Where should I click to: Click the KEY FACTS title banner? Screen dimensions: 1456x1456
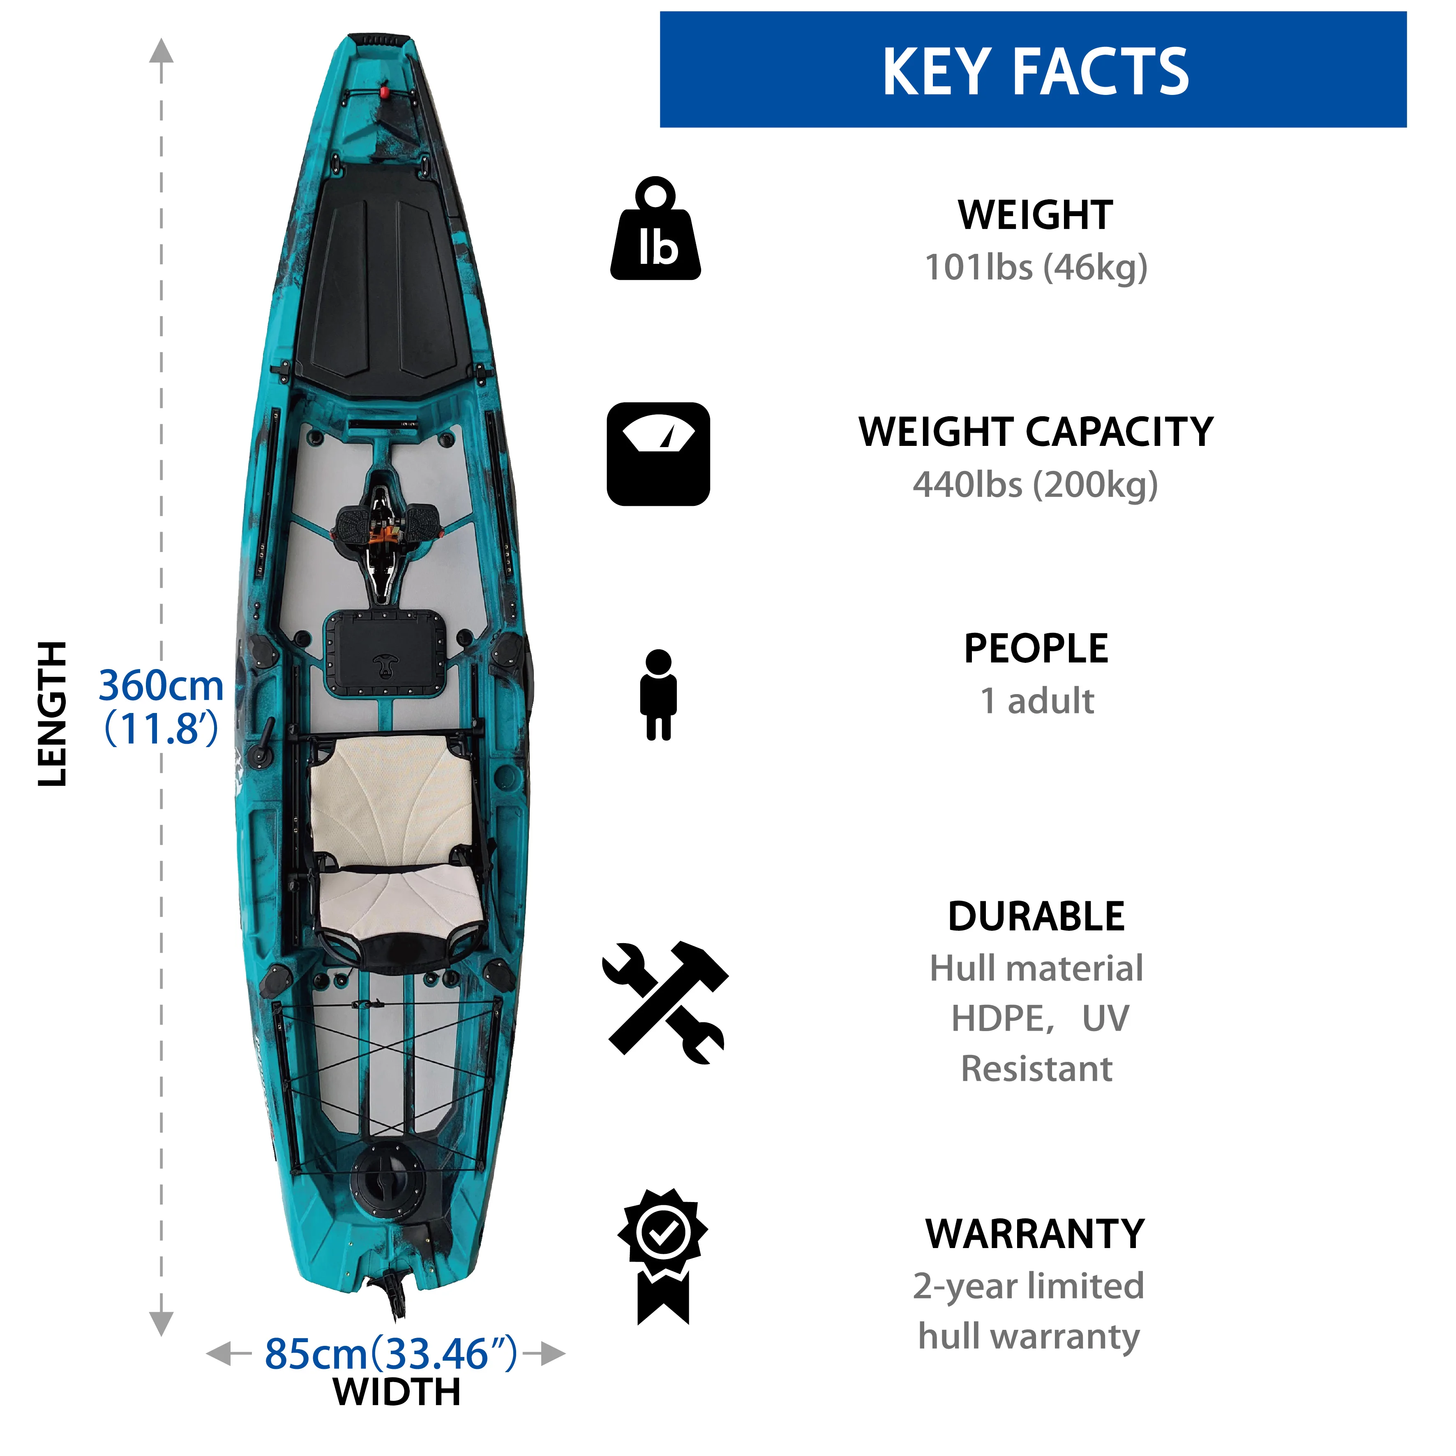1032,69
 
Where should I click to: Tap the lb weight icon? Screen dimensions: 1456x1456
655,230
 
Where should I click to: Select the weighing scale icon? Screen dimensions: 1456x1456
658,454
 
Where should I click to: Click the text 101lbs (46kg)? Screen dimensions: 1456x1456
1036,268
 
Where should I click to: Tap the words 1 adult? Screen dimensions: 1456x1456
1036,701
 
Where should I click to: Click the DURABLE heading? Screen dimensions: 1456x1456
1036,916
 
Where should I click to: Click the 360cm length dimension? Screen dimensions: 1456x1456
161,686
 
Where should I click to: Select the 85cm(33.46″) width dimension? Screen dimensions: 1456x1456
390,1354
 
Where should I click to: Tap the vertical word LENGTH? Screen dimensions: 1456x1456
53,714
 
